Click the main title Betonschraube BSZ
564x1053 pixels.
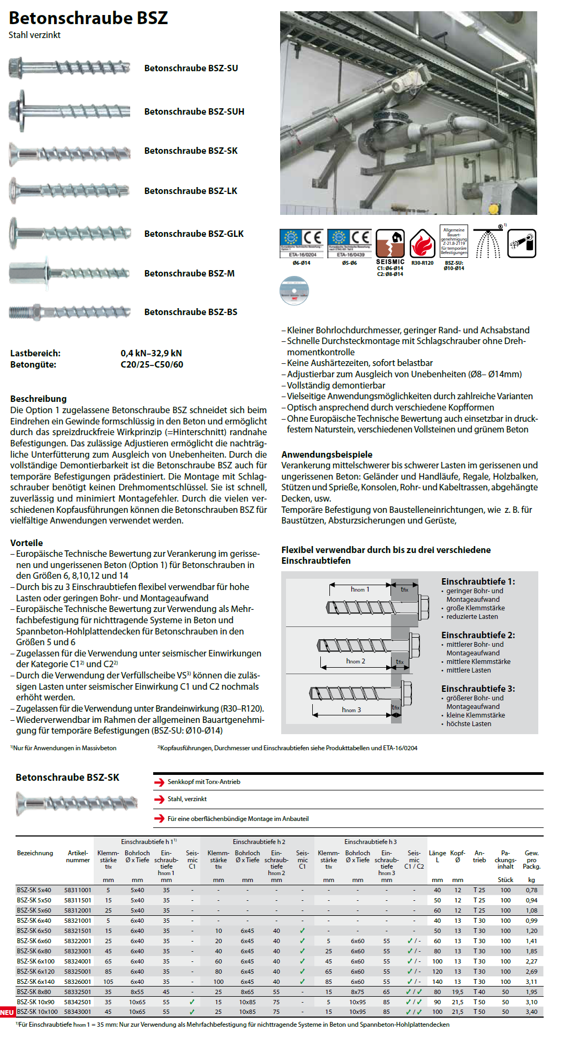click(x=88, y=18)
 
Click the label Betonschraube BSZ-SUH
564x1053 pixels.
click(x=194, y=111)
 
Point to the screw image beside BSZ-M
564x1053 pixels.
click(x=70, y=273)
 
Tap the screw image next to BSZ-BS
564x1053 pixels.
click(x=70, y=312)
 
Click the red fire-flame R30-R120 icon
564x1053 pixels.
click(x=422, y=244)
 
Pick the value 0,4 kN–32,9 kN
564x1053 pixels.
click(x=151, y=353)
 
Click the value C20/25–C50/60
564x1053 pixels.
click(x=152, y=364)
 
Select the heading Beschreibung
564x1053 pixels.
click(x=39, y=399)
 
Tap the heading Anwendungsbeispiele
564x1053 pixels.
click(x=327, y=454)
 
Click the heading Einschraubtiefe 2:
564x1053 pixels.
click(x=478, y=635)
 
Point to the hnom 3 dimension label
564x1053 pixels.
click(x=351, y=710)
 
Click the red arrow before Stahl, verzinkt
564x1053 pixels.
click(x=159, y=800)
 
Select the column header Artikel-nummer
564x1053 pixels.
click(x=78, y=856)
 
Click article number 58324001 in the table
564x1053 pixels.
click(x=78, y=961)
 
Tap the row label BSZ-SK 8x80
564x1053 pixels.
click(x=34, y=992)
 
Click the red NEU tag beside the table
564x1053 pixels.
click(x=7, y=1012)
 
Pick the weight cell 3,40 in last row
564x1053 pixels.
click(x=531, y=1012)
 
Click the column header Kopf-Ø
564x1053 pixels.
click(x=457, y=856)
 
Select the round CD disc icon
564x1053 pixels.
click(x=294, y=290)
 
